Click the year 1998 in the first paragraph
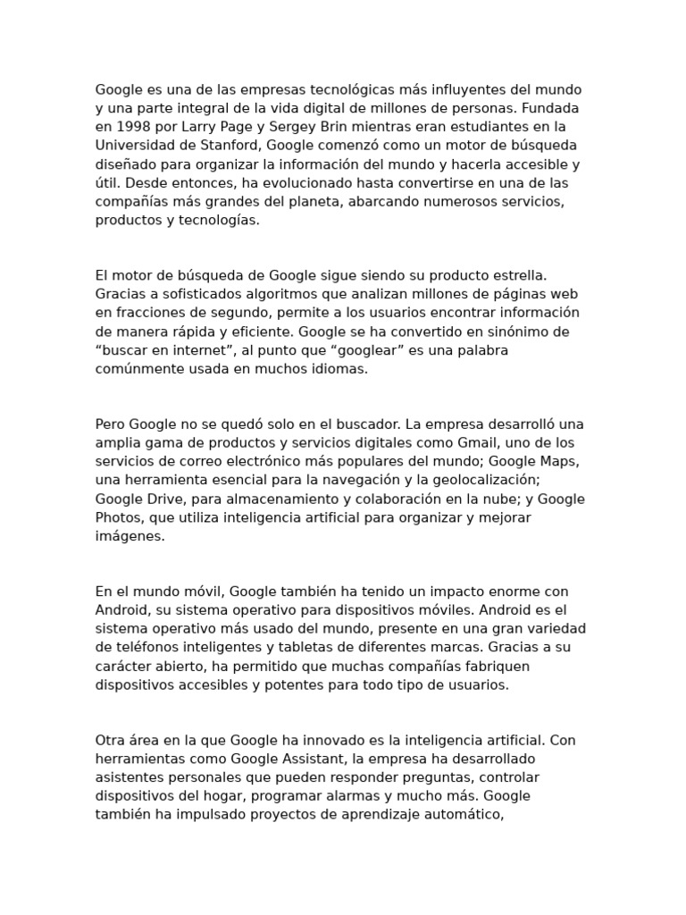(128, 127)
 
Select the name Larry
(191, 127)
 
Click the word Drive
(171, 499)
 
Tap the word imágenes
(130, 536)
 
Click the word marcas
(474, 647)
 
